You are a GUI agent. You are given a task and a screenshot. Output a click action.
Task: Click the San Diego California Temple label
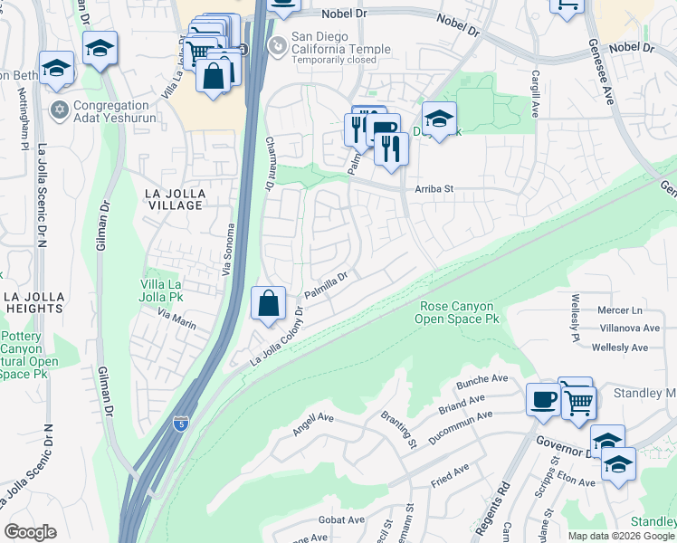tap(340, 43)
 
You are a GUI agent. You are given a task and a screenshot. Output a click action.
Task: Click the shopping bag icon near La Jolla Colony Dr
tap(269, 303)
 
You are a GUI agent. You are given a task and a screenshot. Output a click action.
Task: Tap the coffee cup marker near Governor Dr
tap(543, 399)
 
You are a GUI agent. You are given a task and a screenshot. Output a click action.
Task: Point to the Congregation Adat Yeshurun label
tap(114, 111)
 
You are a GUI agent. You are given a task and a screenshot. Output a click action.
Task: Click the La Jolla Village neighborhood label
tap(176, 199)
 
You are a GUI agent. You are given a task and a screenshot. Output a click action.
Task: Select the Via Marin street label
tap(176, 319)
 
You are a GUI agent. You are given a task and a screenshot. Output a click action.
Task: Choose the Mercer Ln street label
tap(620, 310)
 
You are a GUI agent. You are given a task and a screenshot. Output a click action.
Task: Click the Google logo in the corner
tap(31, 532)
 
